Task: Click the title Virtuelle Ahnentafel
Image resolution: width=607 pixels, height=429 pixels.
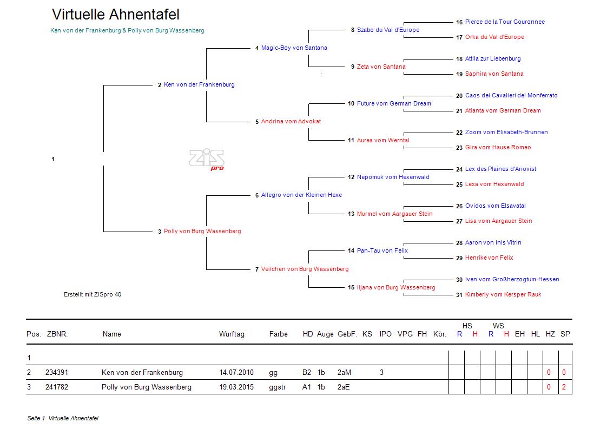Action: (116, 15)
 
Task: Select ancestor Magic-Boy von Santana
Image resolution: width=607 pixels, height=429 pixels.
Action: (294, 48)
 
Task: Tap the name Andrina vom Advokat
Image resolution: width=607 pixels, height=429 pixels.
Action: (291, 122)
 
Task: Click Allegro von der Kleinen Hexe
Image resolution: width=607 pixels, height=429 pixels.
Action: (301, 195)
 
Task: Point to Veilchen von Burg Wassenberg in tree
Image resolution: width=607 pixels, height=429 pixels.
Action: (305, 269)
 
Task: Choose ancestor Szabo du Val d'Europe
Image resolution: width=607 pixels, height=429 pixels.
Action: (388, 30)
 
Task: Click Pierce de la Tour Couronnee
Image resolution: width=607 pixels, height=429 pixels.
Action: (505, 22)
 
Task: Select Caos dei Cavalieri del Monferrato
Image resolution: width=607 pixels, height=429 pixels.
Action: (511, 96)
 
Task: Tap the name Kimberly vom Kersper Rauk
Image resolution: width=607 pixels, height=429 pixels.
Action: (503, 295)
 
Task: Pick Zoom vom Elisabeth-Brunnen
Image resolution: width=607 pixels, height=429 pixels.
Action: (506, 133)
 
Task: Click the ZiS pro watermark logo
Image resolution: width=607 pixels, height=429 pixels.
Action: (206, 159)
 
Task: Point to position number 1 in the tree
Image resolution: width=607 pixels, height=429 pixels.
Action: (53, 159)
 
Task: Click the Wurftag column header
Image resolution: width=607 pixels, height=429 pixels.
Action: (232, 334)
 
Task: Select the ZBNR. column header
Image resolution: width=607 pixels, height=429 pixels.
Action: (57, 334)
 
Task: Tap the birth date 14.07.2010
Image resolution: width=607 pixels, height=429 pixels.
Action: (236, 373)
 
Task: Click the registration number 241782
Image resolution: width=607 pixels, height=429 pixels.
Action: (56, 387)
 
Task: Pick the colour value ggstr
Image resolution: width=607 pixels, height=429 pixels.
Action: (277, 387)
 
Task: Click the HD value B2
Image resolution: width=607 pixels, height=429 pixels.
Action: (307, 373)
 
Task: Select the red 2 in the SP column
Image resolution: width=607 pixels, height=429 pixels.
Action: (564, 387)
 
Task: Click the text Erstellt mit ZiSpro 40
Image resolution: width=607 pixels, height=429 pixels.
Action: (93, 295)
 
